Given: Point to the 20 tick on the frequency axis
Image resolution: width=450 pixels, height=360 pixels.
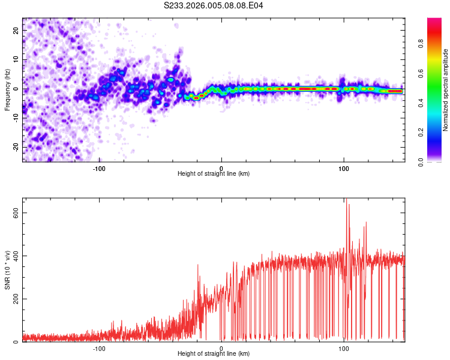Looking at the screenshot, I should click(17, 30).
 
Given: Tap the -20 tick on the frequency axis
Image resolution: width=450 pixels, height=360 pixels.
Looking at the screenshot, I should click(16, 147).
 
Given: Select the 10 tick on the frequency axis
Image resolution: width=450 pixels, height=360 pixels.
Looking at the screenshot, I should click(17, 59).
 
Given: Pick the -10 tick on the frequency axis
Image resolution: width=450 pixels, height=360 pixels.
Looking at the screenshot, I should click(16, 118).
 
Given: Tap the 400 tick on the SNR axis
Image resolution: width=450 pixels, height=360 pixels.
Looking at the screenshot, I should click(15, 256).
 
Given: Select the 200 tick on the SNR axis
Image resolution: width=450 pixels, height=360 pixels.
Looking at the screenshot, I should click(15, 299).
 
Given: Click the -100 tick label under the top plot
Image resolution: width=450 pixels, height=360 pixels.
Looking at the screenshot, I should click(99, 168).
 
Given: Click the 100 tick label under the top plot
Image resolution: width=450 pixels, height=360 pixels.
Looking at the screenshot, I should click(344, 168).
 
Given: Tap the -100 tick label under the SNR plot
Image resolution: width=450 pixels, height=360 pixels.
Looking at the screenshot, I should click(99, 348).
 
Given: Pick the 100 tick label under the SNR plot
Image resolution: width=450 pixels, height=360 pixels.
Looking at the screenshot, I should click(344, 348).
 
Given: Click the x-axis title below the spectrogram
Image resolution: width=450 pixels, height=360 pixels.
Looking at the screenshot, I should click(214, 174).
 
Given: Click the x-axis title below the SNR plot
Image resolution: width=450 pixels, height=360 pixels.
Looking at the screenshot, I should click(214, 354).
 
